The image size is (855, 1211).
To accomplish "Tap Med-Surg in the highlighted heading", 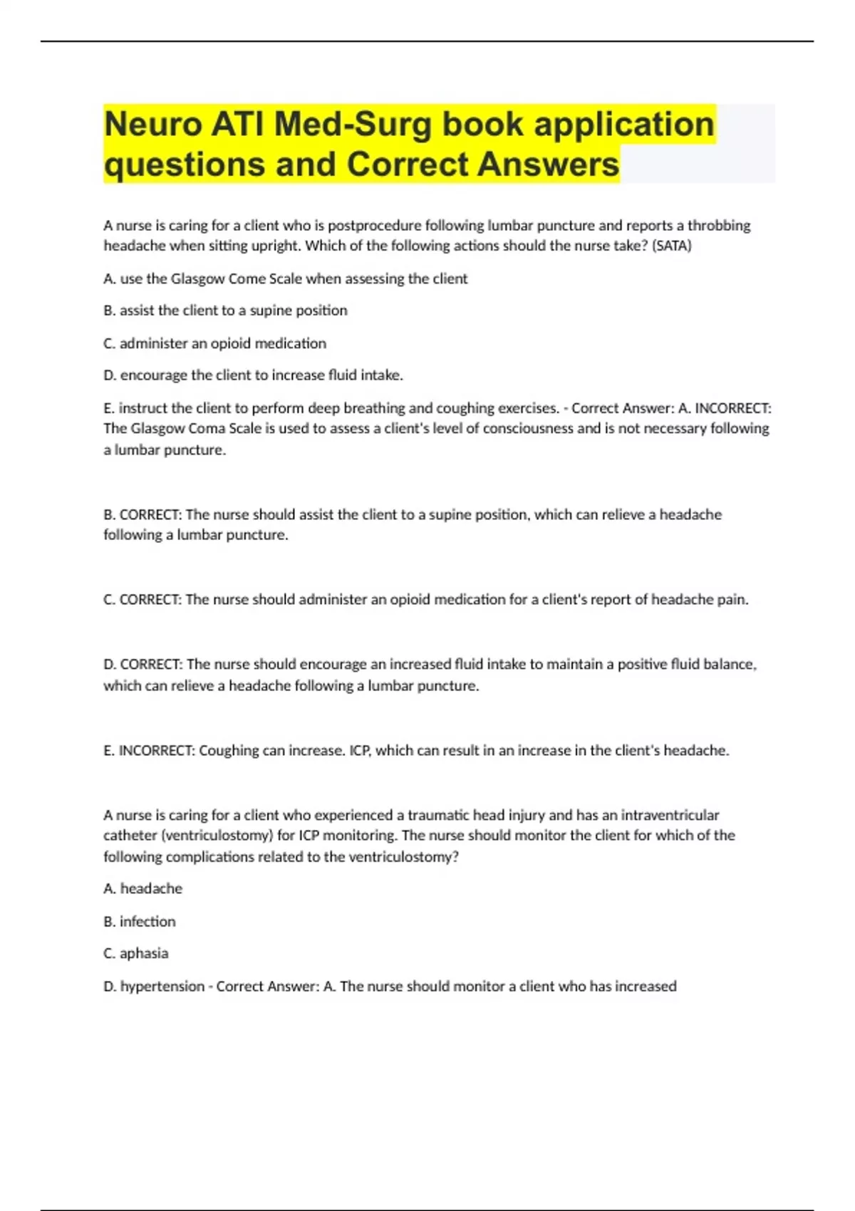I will point(353,125).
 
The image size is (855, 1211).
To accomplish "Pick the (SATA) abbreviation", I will point(671,246).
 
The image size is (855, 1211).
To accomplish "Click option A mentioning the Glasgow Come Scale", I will point(285,279).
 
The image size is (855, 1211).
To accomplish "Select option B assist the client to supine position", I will point(225,311).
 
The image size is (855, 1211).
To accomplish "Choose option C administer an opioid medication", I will point(214,343).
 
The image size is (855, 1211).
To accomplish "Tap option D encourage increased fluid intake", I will point(253,375).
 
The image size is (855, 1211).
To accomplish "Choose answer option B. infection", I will point(140,922).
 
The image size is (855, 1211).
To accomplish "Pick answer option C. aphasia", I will point(136,954).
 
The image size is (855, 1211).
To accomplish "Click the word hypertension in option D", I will point(162,987).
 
